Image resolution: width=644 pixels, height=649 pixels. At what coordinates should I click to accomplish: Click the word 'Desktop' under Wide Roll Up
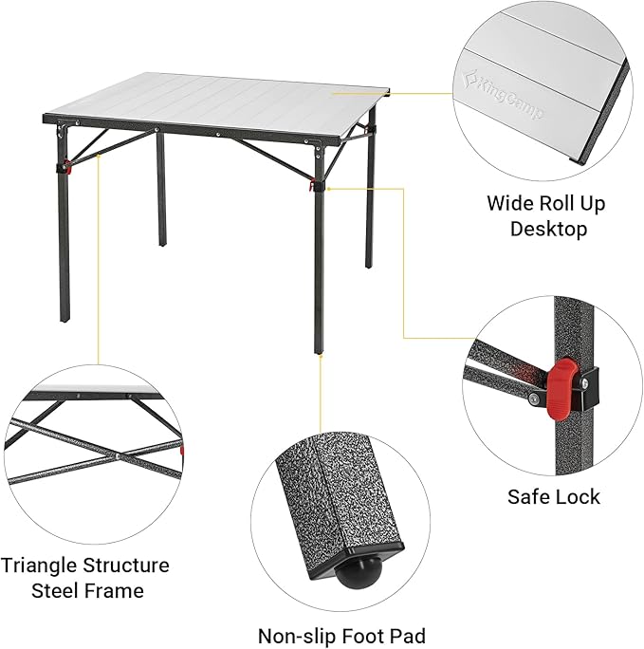[548, 229]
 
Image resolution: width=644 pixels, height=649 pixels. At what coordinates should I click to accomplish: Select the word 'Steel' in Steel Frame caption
[54, 591]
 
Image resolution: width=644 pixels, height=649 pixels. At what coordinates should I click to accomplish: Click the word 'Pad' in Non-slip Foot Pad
[405, 636]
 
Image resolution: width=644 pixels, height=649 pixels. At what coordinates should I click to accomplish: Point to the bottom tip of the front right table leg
[319, 351]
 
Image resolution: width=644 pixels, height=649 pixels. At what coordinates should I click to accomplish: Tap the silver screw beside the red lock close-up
[534, 399]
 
